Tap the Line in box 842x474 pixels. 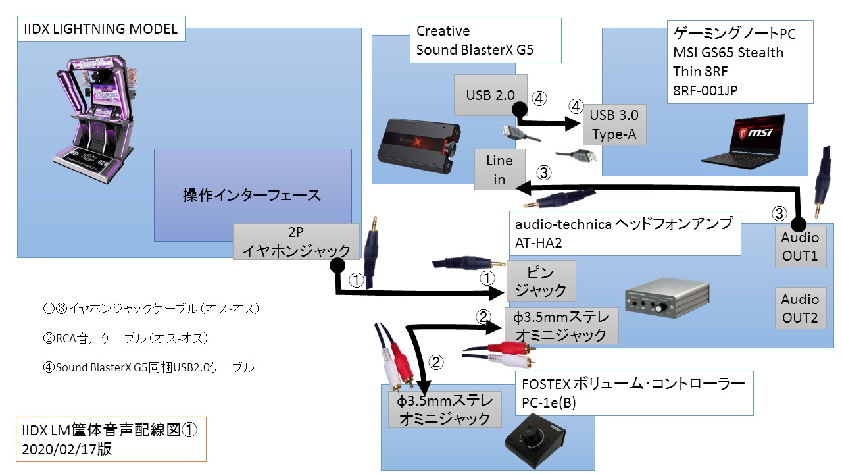click(x=499, y=170)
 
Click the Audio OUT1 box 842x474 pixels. click(x=799, y=247)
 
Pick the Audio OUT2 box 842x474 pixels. click(x=799, y=309)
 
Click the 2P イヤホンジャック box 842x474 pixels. click(x=295, y=242)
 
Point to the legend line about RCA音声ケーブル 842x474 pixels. click(x=124, y=338)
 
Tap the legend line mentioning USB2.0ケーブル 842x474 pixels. click(x=148, y=367)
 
